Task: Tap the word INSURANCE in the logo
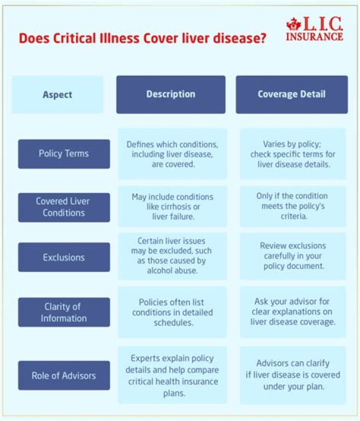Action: [314, 36]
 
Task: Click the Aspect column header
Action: [57, 94]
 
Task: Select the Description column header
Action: [171, 94]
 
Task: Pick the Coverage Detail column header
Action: [291, 94]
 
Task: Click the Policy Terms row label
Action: [64, 153]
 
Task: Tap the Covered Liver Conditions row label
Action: [64, 207]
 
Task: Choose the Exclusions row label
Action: [64, 257]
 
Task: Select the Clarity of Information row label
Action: [64, 312]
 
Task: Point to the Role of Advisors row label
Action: [64, 375]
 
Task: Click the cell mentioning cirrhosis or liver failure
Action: [172, 206]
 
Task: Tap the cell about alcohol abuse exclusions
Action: [171, 255]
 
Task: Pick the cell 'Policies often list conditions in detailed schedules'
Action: [172, 312]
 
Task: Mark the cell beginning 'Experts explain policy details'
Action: [172, 374]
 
